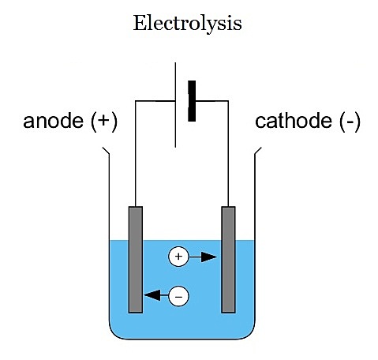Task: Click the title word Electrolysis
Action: click(x=187, y=23)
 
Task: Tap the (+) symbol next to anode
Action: click(x=102, y=122)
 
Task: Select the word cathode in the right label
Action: click(x=288, y=122)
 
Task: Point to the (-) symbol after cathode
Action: click(x=347, y=122)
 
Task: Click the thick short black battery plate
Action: click(x=192, y=101)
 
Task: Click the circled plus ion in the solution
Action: click(x=178, y=257)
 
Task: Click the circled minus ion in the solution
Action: click(x=179, y=296)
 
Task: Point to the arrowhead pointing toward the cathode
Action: click(x=211, y=257)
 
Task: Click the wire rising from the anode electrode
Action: click(x=135, y=158)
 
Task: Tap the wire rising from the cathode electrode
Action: click(x=229, y=158)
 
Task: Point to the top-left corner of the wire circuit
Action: click(x=135, y=100)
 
